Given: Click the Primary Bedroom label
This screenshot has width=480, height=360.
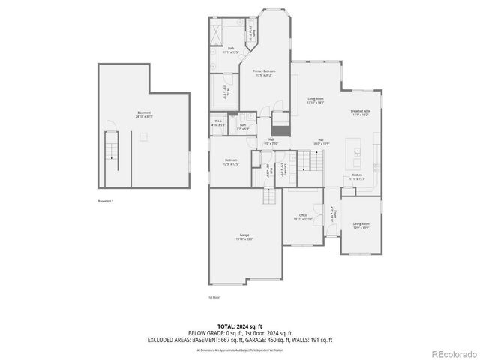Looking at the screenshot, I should tap(264, 72).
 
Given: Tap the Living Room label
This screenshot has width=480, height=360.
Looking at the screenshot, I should tap(315, 100).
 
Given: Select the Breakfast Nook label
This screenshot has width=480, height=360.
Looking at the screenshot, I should tap(361, 113).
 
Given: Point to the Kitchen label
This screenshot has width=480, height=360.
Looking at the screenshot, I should tap(357, 177).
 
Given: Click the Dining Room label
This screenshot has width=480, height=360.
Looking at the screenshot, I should tap(361, 226).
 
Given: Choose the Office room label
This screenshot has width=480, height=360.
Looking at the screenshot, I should tap(303, 217).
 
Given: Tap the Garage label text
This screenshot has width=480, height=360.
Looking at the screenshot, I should tap(245, 237).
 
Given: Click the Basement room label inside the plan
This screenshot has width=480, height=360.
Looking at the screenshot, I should tap(143, 115).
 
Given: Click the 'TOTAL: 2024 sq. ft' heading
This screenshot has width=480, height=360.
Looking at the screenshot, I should tap(239, 326).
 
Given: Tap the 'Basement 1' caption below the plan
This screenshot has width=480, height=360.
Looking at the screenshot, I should tap(106, 202).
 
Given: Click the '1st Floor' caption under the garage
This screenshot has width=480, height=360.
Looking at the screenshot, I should tap(214, 297).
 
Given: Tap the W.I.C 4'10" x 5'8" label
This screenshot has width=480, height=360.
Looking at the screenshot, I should tap(218, 122).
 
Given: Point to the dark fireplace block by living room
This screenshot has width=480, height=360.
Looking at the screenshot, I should tap(280, 118).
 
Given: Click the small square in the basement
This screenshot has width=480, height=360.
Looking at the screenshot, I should tap(142, 136).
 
